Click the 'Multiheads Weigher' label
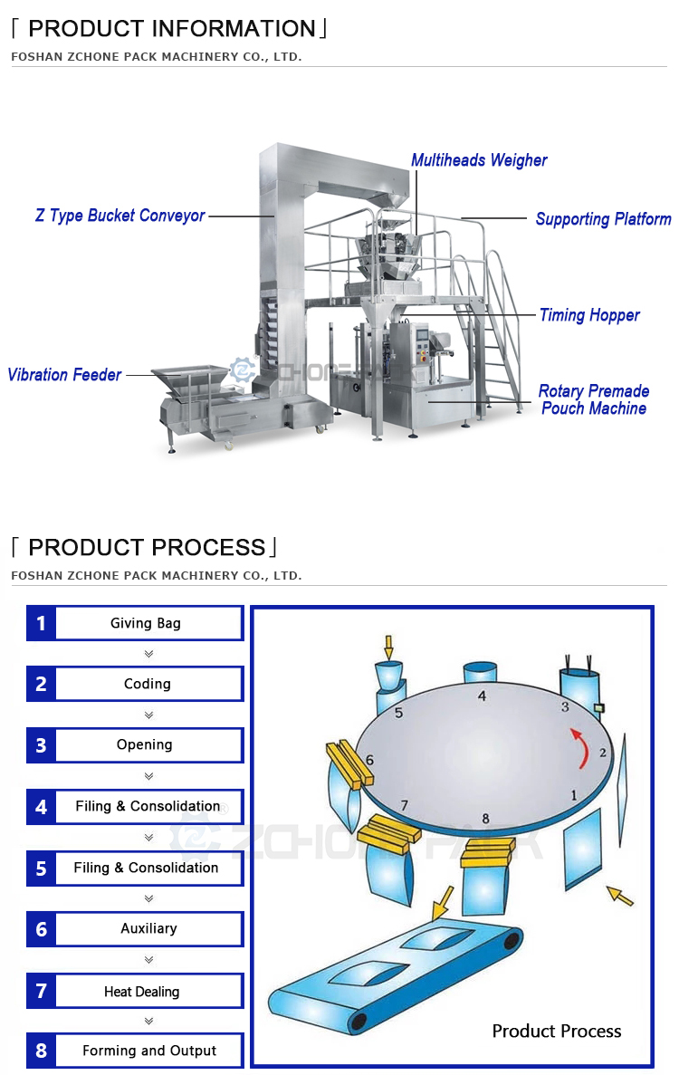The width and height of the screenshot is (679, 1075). [x=479, y=160]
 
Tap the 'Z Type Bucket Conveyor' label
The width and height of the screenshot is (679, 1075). [x=120, y=216]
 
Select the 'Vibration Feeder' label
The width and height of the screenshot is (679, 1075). [x=64, y=374]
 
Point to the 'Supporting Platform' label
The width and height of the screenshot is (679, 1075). [x=603, y=219]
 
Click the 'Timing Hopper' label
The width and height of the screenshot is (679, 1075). [x=589, y=315]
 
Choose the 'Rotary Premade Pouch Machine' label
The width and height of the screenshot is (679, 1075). [x=594, y=399]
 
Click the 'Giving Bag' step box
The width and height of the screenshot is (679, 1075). [x=147, y=623]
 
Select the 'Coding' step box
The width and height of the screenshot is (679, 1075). [x=148, y=684]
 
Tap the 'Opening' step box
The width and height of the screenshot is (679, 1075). [x=145, y=744]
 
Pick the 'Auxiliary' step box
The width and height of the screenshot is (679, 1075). [x=148, y=928]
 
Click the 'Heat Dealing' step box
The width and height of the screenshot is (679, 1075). [x=142, y=991]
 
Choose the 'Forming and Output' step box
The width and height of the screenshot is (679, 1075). [x=149, y=1051]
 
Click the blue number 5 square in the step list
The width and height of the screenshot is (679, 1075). [x=41, y=869]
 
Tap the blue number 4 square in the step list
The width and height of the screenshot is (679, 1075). [x=41, y=806]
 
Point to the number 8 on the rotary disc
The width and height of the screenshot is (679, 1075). [x=485, y=819]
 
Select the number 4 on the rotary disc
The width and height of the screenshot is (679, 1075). [x=483, y=696]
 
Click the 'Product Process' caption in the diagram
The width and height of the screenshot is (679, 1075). [x=556, y=1031]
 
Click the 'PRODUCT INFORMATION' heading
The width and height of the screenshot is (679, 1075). [x=171, y=28]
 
